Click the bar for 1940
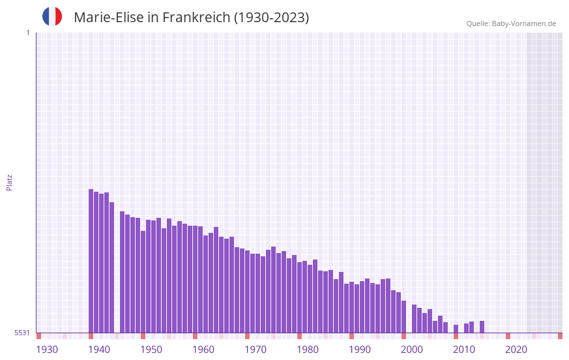(91, 261)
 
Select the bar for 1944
(112, 267)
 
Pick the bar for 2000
(404, 317)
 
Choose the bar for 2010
(456, 329)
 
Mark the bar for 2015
(482, 327)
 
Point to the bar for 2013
(472, 327)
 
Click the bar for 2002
(415, 319)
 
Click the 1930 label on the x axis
(47, 350)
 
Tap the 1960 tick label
(203, 350)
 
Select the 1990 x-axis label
(360, 350)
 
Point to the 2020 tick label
(516, 350)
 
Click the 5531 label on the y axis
(22, 333)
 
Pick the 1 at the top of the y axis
(27, 33)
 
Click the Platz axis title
(9, 182)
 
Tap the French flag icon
(52, 16)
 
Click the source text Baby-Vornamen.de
(523, 23)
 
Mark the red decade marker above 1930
(39, 336)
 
